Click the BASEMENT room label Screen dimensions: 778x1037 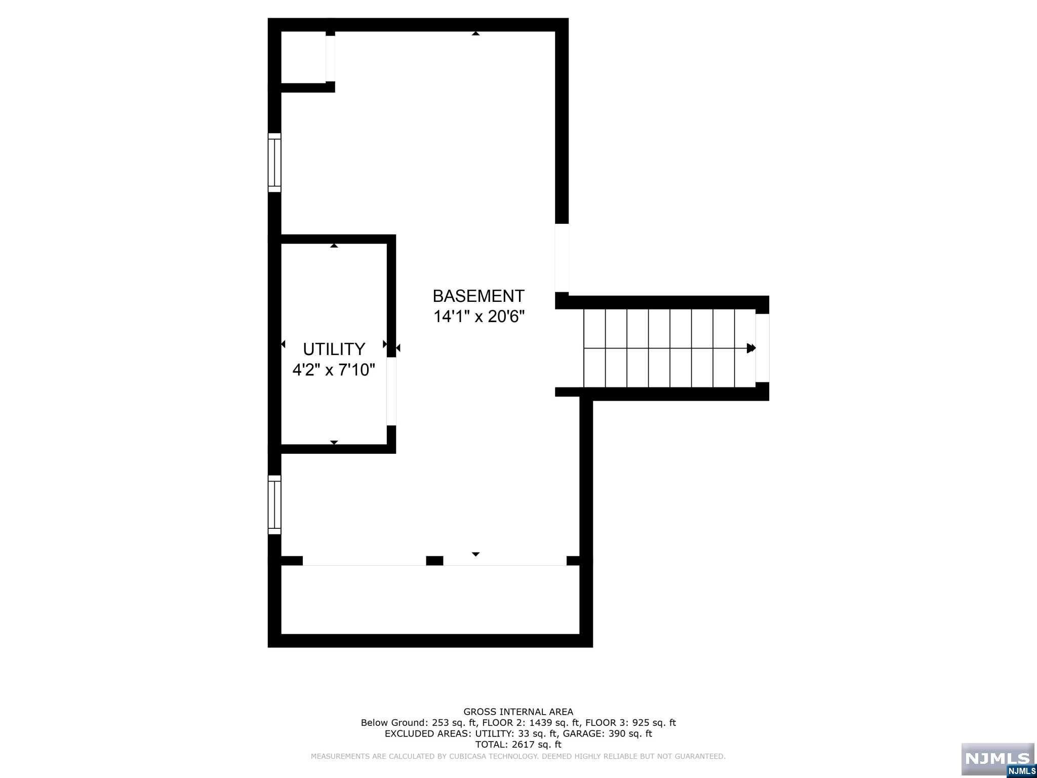pos(478,296)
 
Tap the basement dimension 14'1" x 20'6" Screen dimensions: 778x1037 pos(478,317)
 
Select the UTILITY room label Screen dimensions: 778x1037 pos(334,349)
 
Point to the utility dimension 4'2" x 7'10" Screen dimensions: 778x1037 pos(334,370)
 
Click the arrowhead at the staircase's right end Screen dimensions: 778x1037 pos(751,348)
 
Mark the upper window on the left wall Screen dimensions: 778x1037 pos(274,163)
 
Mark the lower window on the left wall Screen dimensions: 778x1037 pos(274,504)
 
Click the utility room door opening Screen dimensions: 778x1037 pos(391,391)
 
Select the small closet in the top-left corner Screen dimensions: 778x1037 pos(303,56)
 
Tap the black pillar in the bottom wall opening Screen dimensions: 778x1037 pos(434,560)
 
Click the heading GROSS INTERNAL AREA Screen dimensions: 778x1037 pos(518,712)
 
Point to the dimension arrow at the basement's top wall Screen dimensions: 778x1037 pos(475,33)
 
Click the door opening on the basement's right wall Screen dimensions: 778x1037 pos(562,258)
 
